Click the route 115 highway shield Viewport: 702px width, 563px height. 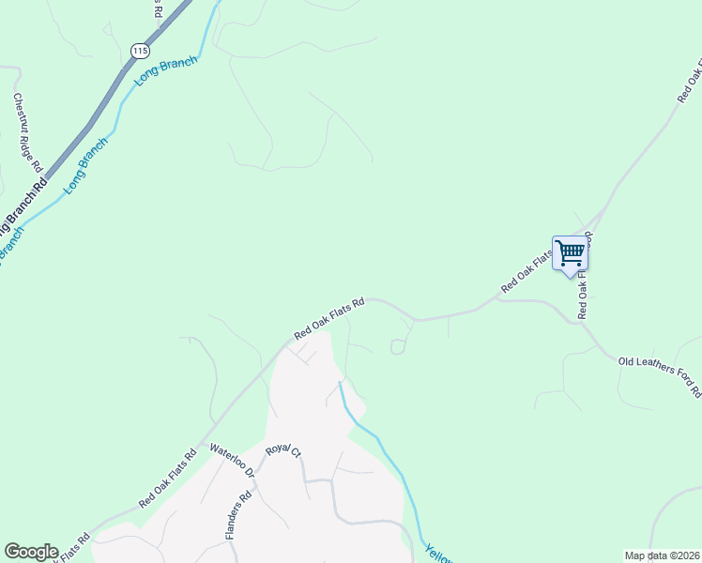[140, 50]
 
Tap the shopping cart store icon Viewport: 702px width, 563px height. [570, 252]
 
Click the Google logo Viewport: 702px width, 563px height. [31, 552]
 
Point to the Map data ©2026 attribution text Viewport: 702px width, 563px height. [662, 555]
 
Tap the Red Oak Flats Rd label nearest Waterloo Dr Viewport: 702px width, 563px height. [167, 479]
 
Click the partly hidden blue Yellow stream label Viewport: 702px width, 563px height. [437, 554]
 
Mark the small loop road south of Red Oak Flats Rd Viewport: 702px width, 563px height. [397, 347]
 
